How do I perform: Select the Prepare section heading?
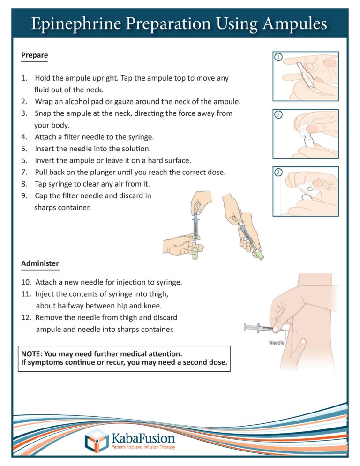tap(34, 55)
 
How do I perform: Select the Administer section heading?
tap(40, 263)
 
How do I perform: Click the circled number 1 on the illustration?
tap(278, 58)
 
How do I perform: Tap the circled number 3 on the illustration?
tap(278, 173)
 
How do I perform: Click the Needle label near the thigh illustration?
tap(277, 343)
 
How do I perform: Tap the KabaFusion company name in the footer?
tap(143, 438)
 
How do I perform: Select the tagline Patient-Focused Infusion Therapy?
tap(143, 448)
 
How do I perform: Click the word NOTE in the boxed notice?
tap(32, 354)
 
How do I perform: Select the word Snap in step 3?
tap(43, 113)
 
